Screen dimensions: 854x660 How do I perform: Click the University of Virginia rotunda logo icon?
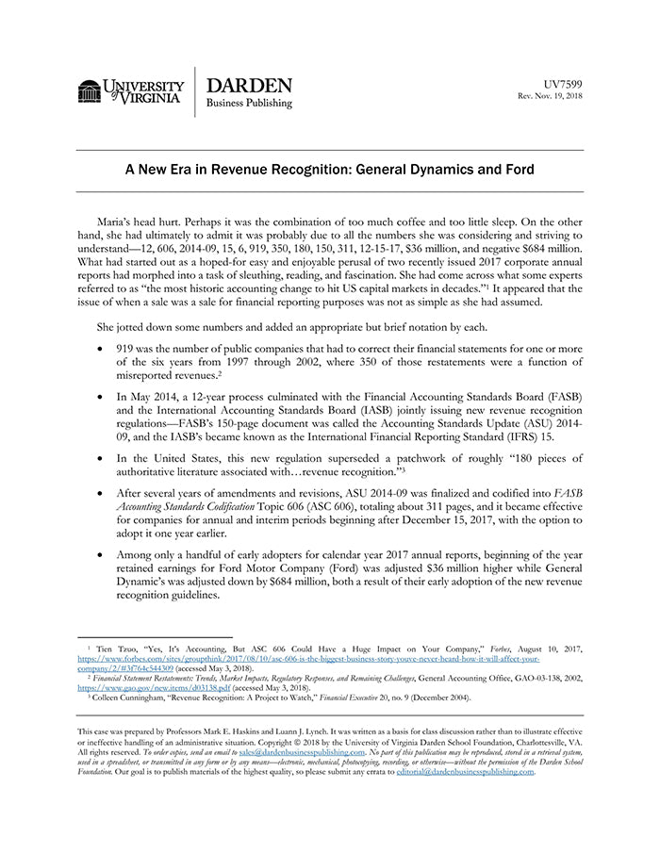click(x=90, y=91)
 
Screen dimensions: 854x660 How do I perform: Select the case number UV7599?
click(x=563, y=84)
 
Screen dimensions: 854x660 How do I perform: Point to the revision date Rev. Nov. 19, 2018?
click(x=550, y=97)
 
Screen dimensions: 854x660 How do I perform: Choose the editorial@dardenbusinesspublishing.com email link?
click(x=465, y=772)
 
